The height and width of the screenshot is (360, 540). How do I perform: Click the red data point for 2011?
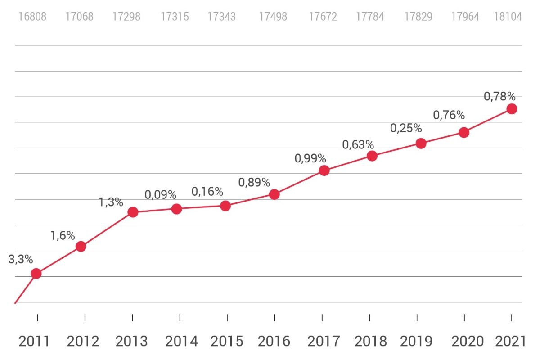[36, 274]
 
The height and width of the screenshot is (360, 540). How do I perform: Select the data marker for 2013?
[133, 212]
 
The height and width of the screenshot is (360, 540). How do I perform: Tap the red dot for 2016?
[274, 194]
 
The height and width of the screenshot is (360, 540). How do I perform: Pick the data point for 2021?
[511, 109]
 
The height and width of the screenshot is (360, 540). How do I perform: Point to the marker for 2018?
[372, 156]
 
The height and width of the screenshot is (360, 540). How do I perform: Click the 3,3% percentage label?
[21, 259]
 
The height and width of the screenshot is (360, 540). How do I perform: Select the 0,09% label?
[160, 195]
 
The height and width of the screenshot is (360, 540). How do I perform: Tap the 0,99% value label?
[310, 158]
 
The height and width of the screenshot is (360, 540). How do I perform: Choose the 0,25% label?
[406, 128]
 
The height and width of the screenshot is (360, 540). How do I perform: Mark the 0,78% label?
[499, 96]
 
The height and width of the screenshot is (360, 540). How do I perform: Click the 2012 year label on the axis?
[83, 342]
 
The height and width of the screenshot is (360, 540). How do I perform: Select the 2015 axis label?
[226, 342]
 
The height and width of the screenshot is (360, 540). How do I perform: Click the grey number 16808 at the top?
[32, 17]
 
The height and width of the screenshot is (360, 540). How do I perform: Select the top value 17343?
[221, 17]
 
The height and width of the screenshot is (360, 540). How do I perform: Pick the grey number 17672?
[323, 17]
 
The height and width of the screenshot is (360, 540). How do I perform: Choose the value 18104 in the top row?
[508, 17]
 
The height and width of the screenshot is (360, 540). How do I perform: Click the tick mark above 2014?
[180, 317]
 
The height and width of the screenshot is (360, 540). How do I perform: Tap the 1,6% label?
[63, 236]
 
